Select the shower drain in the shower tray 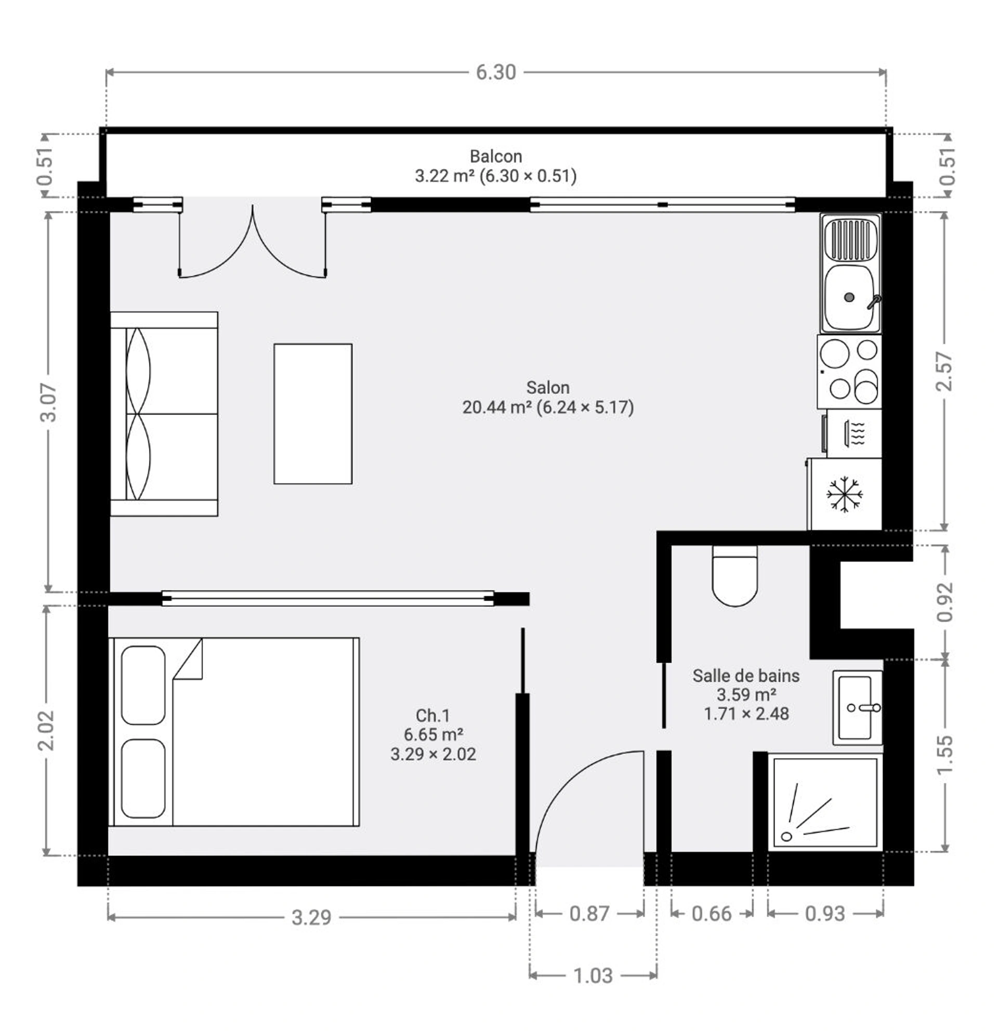click(786, 836)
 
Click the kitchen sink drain click(849, 297)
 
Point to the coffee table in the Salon click(313, 414)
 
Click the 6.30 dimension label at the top click(495, 73)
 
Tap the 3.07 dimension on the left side click(48, 402)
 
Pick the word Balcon click(495, 156)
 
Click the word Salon click(548, 388)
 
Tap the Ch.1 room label click(433, 716)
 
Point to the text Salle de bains click(746, 676)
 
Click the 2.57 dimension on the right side click(945, 371)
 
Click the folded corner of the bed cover click(188, 658)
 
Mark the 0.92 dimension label click(945, 602)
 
